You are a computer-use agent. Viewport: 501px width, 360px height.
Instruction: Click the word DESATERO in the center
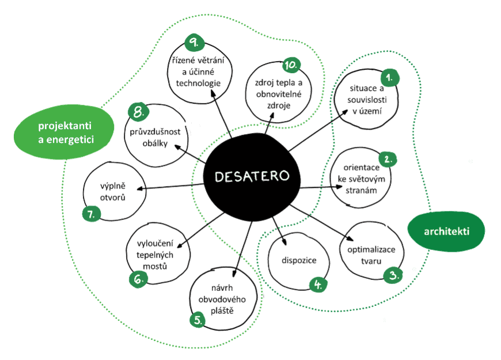pos(252,176)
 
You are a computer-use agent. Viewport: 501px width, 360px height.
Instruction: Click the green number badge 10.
pos(291,65)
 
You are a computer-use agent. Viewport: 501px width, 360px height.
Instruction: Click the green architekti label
pos(447,232)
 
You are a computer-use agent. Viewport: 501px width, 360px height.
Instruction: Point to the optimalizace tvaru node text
pos(371,254)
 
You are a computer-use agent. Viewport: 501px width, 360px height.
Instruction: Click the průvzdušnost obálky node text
pos(155,137)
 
